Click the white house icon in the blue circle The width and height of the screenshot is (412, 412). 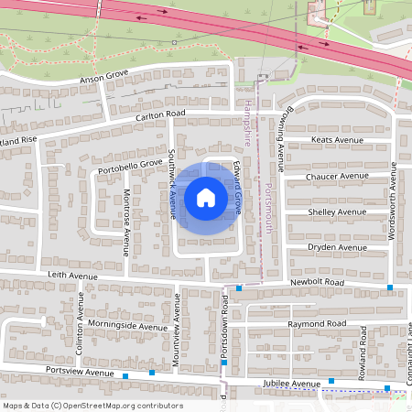pos(205,198)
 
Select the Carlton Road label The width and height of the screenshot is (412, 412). pos(160,114)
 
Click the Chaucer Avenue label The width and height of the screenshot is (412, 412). pos(339,176)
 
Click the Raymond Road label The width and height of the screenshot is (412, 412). pos(316,324)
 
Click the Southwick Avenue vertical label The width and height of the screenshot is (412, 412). pos(171,184)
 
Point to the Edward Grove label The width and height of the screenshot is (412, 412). pos(236,190)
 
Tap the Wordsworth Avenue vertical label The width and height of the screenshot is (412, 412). pos(392,201)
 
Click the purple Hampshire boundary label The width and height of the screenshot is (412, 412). pos(248,123)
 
